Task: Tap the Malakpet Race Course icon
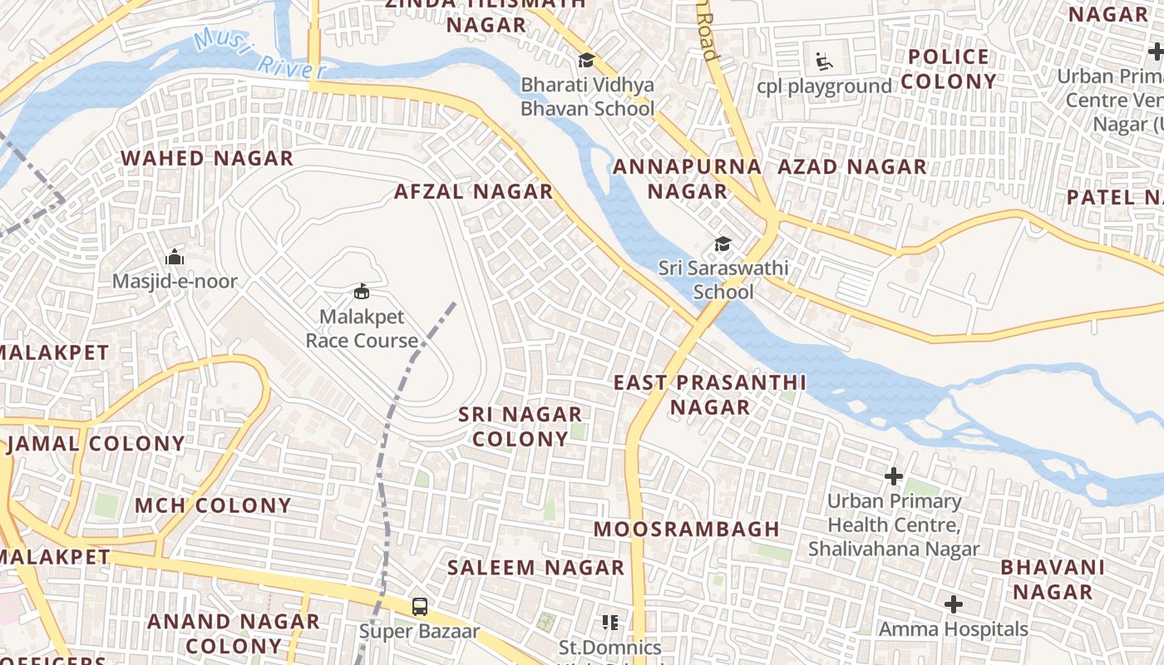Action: click(x=362, y=292)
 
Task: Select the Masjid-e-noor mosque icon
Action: click(x=175, y=257)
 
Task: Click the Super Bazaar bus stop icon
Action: click(x=420, y=607)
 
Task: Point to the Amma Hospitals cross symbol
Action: click(x=954, y=604)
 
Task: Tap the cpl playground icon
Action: click(x=822, y=62)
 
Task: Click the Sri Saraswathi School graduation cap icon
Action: click(x=723, y=244)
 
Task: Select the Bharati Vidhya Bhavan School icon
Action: click(x=587, y=60)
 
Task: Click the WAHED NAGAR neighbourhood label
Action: click(x=207, y=158)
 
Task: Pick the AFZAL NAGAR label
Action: click(x=473, y=191)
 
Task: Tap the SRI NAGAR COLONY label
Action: click(x=520, y=426)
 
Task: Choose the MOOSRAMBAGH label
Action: click(x=687, y=529)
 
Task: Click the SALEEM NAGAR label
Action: click(x=535, y=568)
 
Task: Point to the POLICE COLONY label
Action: click(x=949, y=69)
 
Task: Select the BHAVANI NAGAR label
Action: click(x=1053, y=579)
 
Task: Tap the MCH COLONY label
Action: click(x=213, y=505)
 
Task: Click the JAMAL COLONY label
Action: click(x=96, y=443)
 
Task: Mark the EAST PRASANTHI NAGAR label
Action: click(x=710, y=395)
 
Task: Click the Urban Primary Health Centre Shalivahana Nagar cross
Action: click(x=894, y=476)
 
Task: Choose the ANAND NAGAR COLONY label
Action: click(x=234, y=633)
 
